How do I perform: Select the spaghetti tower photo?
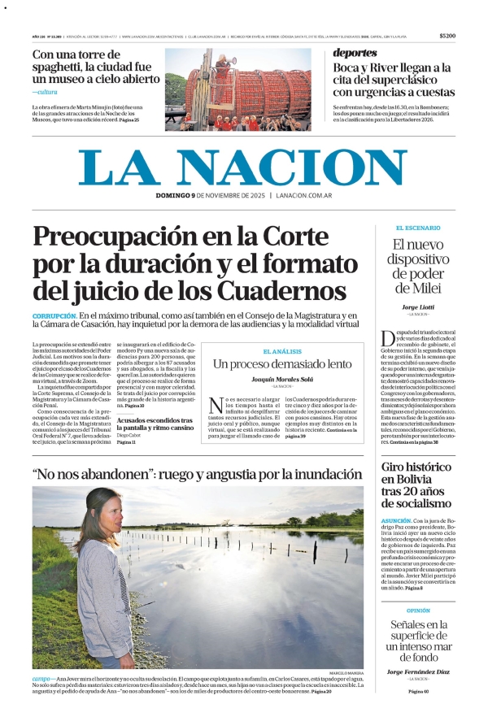[x=237, y=89]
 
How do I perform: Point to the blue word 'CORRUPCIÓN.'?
[x=54, y=315]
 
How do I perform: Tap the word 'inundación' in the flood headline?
[x=307, y=472]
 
